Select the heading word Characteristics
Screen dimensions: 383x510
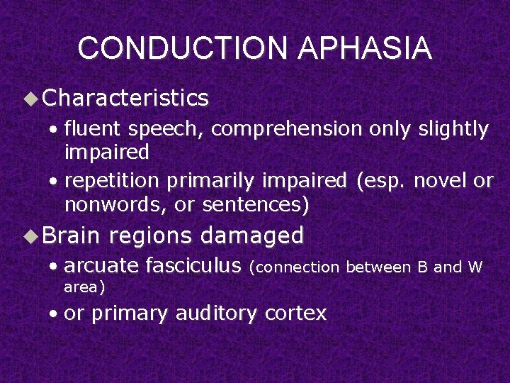125,98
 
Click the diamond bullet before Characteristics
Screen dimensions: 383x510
32,99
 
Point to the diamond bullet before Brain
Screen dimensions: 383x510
32,235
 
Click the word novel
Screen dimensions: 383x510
441,182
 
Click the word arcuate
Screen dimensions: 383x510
101,266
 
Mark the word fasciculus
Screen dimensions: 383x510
193,266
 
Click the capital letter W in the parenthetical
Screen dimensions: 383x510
475,267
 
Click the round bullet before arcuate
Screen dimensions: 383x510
55,267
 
